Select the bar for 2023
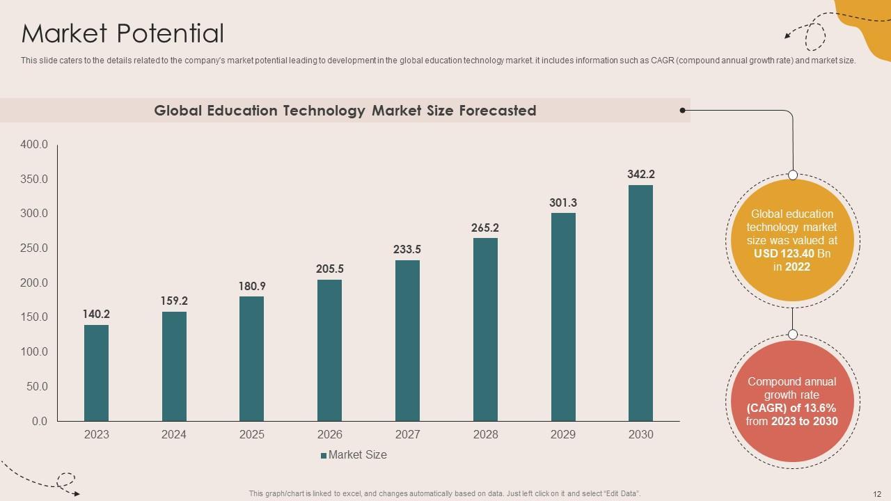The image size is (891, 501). [x=96, y=373]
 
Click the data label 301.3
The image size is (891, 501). [x=563, y=202]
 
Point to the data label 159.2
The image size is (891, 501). [x=174, y=301]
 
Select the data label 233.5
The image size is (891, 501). [x=407, y=249]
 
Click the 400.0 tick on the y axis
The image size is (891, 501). [x=34, y=145]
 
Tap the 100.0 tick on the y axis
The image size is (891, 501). [x=34, y=352]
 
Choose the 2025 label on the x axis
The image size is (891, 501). [x=252, y=435]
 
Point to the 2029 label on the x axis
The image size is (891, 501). [x=563, y=435]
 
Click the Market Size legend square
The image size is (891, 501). [x=324, y=456]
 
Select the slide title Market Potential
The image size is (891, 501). [x=123, y=33]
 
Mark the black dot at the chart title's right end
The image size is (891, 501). [x=683, y=110]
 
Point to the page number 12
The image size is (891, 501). [x=876, y=493]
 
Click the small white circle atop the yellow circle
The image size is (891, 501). [x=792, y=175]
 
